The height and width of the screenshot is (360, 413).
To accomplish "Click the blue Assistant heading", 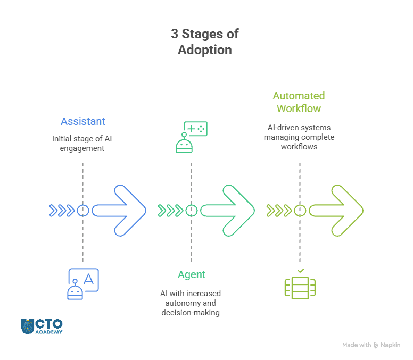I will tap(83, 122).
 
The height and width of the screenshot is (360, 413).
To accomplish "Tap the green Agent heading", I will tap(191, 275).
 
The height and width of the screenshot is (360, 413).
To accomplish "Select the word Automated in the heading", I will tap(299, 96).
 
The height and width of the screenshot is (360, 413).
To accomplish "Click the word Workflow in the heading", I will tap(299, 109).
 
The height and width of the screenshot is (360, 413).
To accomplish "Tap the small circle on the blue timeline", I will tap(82, 211).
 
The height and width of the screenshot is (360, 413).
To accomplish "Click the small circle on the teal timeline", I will tap(191, 211).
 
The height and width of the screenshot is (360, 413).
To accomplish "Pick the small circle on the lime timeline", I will tap(300, 211).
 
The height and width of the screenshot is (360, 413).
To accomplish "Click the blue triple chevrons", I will tap(62, 211).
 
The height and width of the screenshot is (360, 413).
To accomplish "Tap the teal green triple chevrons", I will tap(170, 211).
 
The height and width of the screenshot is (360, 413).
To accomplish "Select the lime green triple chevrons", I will tap(279, 211).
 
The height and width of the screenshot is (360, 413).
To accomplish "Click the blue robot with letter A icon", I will tap(83, 284).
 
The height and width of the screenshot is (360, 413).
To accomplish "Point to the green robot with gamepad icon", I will tap(191, 137).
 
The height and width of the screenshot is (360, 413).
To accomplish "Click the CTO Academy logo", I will tap(42, 326).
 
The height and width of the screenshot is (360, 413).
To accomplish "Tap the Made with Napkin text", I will tap(371, 345).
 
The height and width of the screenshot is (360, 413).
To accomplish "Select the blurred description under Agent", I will tap(191, 303).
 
